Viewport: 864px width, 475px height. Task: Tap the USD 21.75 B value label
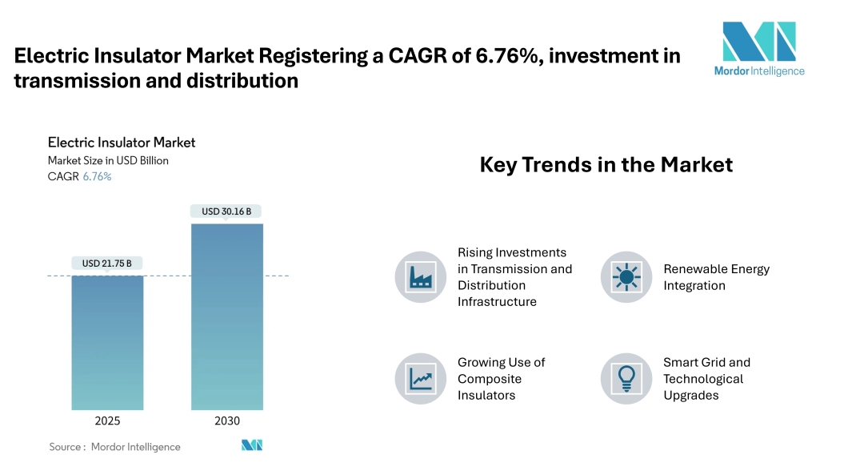[107, 264]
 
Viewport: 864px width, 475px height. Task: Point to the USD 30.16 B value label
[226, 211]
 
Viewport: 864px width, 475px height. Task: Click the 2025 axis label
[107, 421]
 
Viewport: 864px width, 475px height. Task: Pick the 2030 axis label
[226, 421]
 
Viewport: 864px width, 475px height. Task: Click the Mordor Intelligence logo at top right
[759, 48]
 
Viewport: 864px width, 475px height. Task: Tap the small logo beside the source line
[252, 445]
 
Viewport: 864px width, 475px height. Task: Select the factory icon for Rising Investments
[420, 277]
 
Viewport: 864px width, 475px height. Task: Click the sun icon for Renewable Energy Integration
[626, 277]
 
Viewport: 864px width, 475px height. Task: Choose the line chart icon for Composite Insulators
[420, 378]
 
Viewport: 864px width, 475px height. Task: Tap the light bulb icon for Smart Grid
[626, 378]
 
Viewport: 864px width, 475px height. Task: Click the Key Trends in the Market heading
[606, 165]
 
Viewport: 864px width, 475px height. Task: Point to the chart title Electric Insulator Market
[122, 143]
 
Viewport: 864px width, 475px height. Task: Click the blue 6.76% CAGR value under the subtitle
[97, 176]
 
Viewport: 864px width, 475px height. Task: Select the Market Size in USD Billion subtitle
[108, 160]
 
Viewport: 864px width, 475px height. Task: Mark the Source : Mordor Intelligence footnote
[114, 447]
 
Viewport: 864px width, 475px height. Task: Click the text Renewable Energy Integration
[716, 277]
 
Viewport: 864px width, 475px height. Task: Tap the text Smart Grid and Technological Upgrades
[706, 379]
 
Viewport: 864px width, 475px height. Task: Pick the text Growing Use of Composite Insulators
[501, 379]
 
